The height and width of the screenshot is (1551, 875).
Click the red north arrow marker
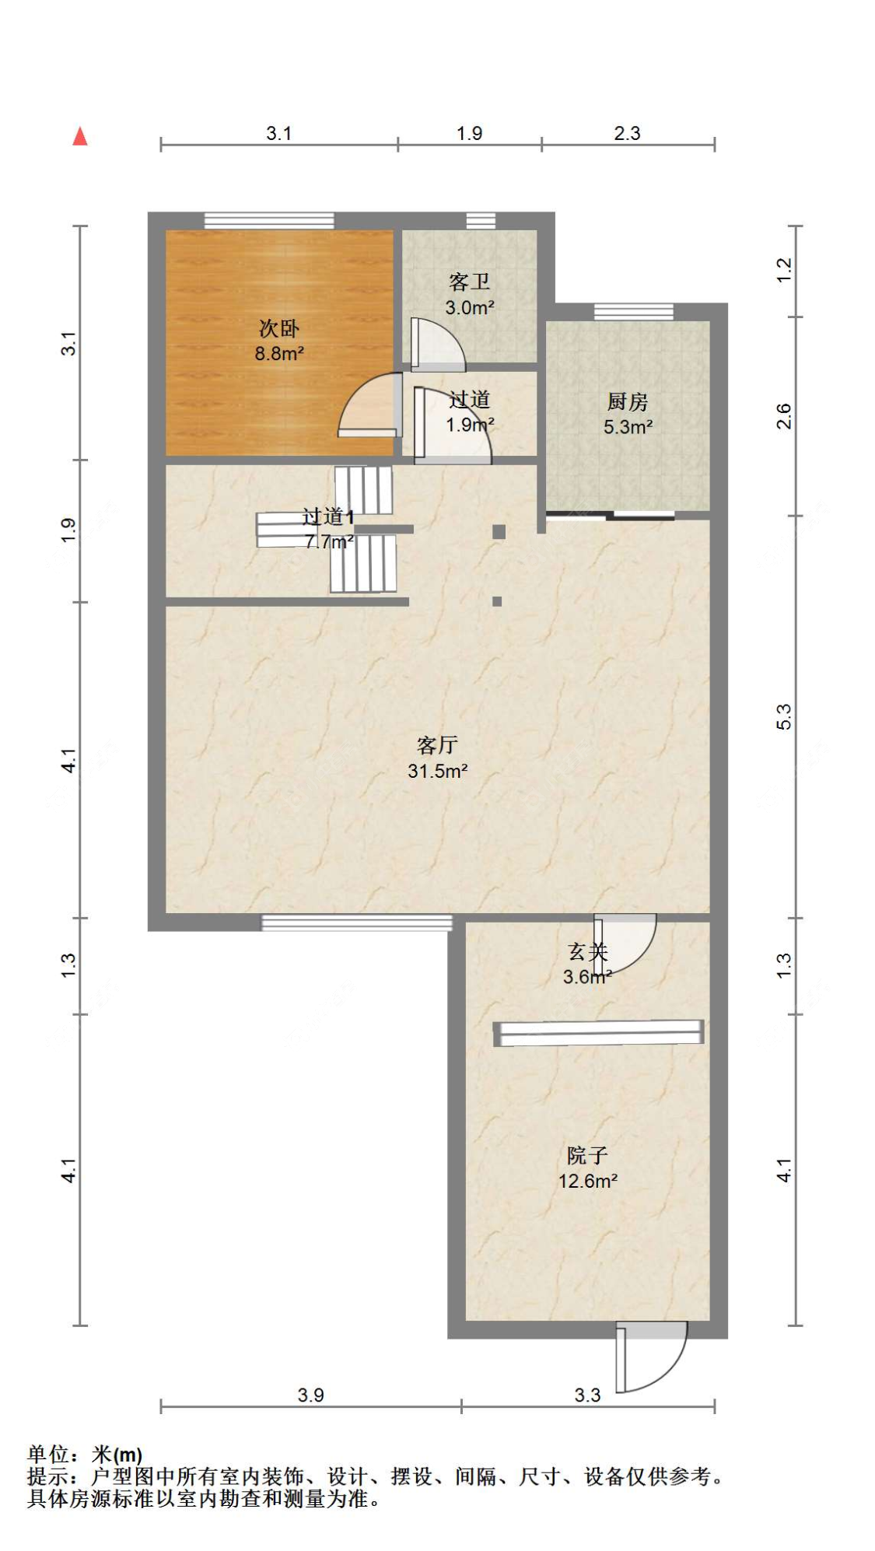pyautogui.click(x=80, y=137)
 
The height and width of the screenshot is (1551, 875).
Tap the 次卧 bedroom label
pyautogui.click(x=279, y=328)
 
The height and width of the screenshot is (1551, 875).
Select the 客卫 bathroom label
pyautogui.click(x=470, y=282)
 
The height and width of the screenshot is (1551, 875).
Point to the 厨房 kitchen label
pyautogui.click(x=628, y=401)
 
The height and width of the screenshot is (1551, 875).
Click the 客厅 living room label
pyautogui.click(x=437, y=745)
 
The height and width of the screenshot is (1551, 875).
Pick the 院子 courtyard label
pyautogui.click(x=587, y=1155)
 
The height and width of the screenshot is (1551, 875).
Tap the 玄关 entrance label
pyautogui.click(x=587, y=951)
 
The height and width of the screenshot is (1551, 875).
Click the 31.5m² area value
pyautogui.click(x=438, y=771)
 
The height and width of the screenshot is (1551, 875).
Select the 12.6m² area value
pyautogui.click(x=588, y=1181)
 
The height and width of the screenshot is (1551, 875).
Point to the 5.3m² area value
pyautogui.click(x=628, y=427)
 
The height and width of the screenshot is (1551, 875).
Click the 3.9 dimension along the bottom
pyautogui.click(x=310, y=1395)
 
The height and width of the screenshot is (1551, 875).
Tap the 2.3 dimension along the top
pyautogui.click(x=627, y=133)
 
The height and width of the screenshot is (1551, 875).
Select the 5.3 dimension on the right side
pyautogui.click(x=784, y=716)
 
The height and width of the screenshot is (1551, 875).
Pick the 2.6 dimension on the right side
pyautogui.click(x=784, y=416)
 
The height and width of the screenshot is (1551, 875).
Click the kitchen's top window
pyautogui.click(x=634, y=311)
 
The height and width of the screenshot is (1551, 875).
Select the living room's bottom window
pyautogui.click(x=356, y=923)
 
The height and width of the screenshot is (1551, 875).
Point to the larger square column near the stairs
pyautogui.click(x=499, y=532)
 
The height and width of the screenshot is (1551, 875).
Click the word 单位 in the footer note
pyautogui.click(x=48, y=1454)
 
